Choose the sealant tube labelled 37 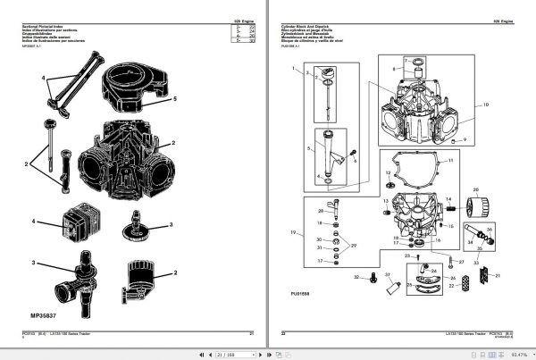390,289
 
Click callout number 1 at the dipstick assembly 291,68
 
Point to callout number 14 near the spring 449,201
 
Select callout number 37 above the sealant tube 387,273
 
